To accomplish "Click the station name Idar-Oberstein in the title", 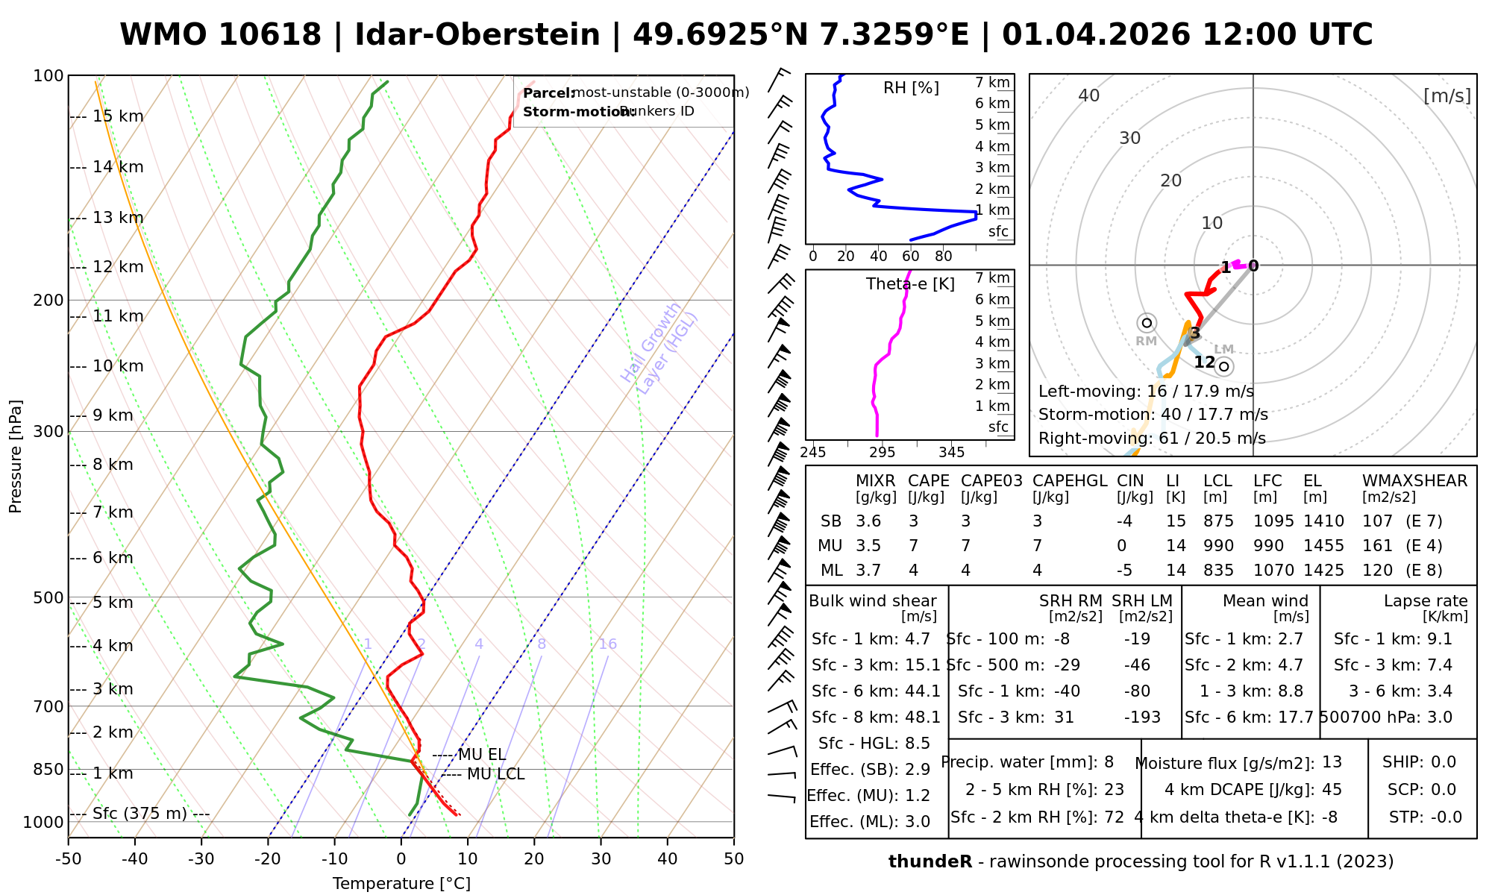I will pos(477,35).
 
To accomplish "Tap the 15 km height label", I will pos(118,116).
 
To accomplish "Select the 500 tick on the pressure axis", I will pos(48,597).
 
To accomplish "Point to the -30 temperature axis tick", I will pos(201,859).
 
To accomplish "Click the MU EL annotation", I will pos(481,755).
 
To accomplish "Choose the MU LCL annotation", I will pos(495,774).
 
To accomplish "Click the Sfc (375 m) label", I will pos(140,813).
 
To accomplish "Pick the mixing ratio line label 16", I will pos(607,644).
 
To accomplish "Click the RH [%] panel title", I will pos(911,88).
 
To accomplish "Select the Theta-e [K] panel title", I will pos(910,284).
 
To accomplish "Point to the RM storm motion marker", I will pos(1147,323).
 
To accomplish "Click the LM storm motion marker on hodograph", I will pos(1223,366).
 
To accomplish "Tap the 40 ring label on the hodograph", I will pos(1089,95).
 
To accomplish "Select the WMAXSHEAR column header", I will pos(1414,481).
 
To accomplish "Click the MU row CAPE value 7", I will pos(913,546).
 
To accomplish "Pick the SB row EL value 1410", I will pos(1323,521).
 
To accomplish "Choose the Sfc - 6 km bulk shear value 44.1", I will pos(922,691).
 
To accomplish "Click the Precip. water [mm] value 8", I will pos(1109,762).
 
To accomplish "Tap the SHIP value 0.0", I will pos(1443,762).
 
